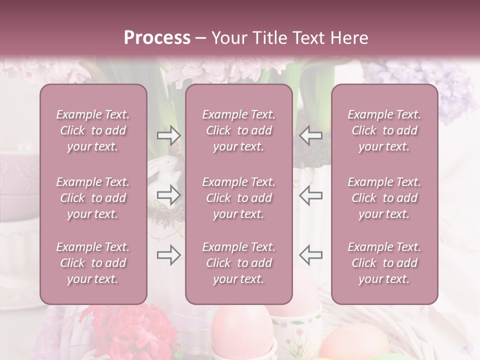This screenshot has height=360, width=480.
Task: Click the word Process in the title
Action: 157,38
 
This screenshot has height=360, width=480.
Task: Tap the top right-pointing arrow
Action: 169,135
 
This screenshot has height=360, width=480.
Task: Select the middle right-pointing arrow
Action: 169,195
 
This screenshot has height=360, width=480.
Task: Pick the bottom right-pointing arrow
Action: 169,255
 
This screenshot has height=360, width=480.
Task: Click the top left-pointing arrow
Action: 311,135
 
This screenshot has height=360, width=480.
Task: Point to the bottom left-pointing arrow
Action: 311,255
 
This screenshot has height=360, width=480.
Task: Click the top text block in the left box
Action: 93,130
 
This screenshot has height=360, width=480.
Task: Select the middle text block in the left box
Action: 93,198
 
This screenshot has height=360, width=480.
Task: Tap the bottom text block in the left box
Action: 93,263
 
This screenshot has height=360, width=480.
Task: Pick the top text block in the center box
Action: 239,130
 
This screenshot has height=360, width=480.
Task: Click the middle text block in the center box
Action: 239,198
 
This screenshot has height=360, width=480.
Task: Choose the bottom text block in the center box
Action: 239,263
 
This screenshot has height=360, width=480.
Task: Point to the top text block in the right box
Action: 384,130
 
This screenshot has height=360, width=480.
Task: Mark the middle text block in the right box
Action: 384,198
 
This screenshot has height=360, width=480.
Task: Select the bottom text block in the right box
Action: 384,263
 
